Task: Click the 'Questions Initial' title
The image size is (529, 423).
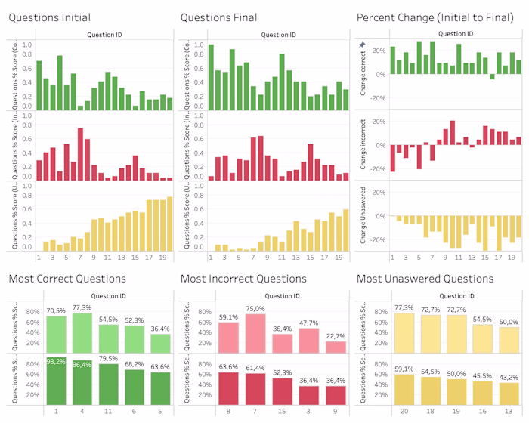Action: pyautogui.click(x=50, y=17)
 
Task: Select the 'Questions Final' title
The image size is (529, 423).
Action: pyautogui.click(x=219, y=17)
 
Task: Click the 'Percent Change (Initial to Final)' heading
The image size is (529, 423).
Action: pyautogui.click(x=435, y=17)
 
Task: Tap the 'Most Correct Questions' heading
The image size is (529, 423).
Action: pyautogui.click(x=67, y=279)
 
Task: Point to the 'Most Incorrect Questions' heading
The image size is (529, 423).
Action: pyautogui.click(x=244, y=279)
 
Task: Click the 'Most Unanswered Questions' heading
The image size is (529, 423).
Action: pyautogui.click(x=425, y=279)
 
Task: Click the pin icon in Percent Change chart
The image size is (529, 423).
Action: pyautogui.click(x=362, y=45)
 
